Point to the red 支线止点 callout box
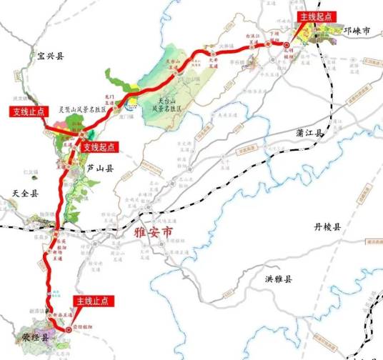click(27, 111)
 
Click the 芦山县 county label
click(100, 169)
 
